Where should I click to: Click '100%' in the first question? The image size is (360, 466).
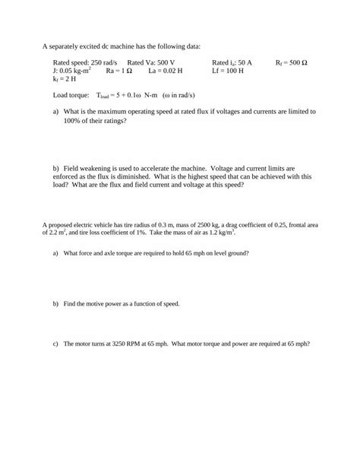[x=72, y=119]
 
